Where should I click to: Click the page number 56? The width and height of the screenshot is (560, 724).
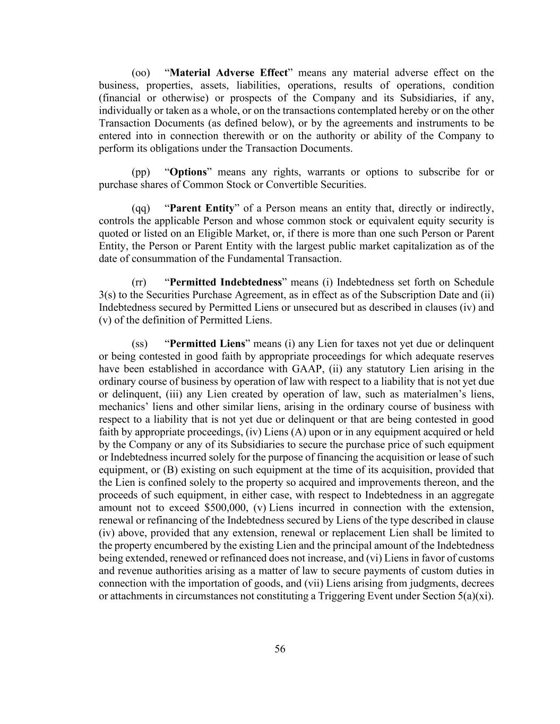(280, 649)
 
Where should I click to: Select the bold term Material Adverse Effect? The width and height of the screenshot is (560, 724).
(228, 73)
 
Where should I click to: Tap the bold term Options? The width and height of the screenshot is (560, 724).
(188, 172)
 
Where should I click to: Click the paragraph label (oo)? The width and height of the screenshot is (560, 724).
(141, 73)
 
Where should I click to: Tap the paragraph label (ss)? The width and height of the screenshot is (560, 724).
(140, 344)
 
